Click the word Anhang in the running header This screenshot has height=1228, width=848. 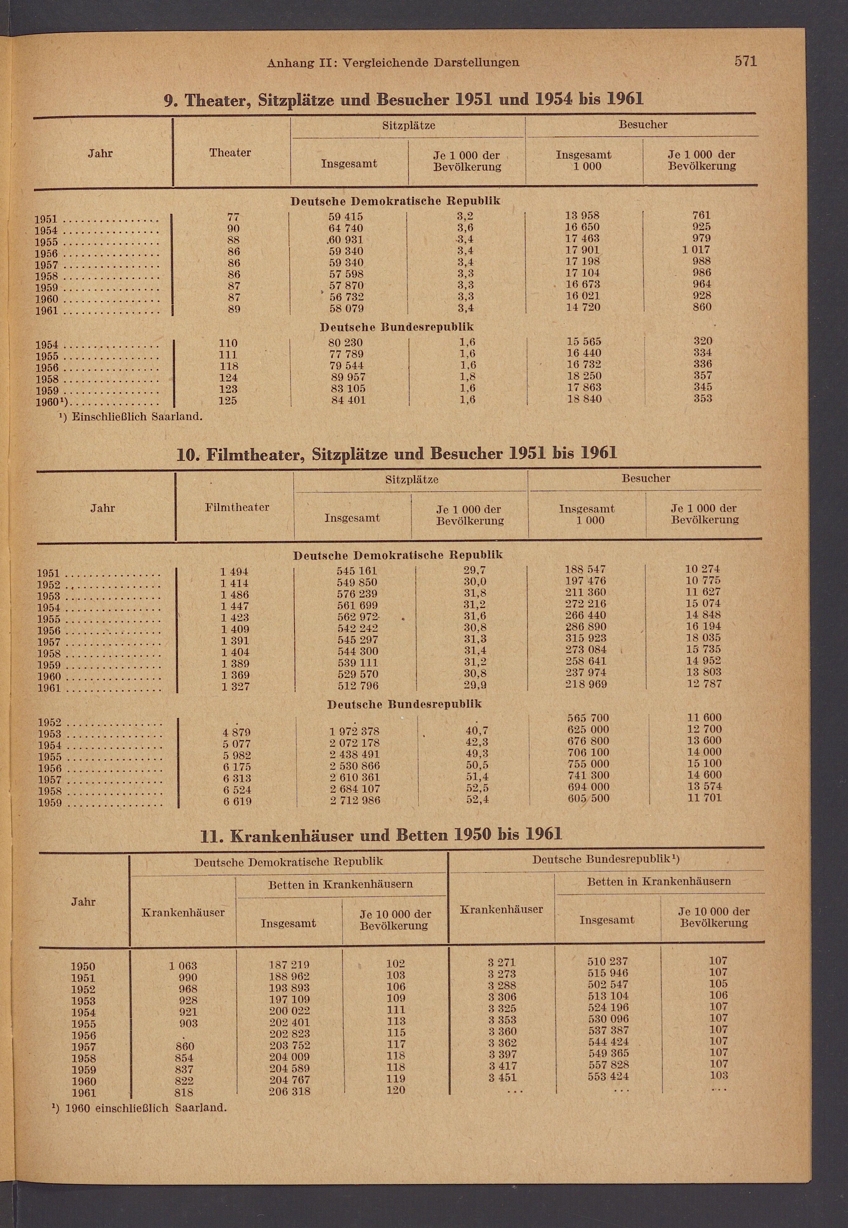[290, 63]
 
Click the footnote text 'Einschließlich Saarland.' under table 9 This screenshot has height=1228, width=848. [137, 416]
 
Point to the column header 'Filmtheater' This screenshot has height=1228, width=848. [237, 507]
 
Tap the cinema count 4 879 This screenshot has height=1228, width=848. [236, 732]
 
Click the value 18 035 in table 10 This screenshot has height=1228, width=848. [703, 637]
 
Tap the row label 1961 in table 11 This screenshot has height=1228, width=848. [83, 1093]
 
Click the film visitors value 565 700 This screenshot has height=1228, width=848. [588, 718]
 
